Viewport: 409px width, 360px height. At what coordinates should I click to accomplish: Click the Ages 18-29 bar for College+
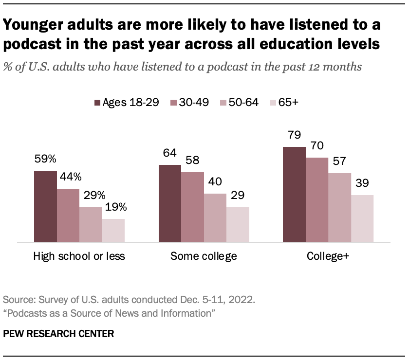(295, 194)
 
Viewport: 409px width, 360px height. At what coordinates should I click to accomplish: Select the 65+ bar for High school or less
(113, 230)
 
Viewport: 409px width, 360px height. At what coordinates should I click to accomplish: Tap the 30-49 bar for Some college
(192, 207)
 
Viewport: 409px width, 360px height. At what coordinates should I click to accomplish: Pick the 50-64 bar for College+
(339, 207)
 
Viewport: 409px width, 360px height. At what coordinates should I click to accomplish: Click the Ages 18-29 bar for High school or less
(45, 206)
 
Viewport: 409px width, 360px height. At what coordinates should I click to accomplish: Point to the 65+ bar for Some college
(238, 224)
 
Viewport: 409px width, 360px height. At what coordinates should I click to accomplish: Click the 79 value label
(295, 135)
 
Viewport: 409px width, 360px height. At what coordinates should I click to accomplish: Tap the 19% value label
(116, 208)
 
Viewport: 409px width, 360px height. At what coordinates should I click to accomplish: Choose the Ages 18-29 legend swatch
(97, 103)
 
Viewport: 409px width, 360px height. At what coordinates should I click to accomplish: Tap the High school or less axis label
(79, 256)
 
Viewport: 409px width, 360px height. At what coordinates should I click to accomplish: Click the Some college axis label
(204, 256)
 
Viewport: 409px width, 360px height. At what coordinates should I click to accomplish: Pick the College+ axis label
(328, 256)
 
